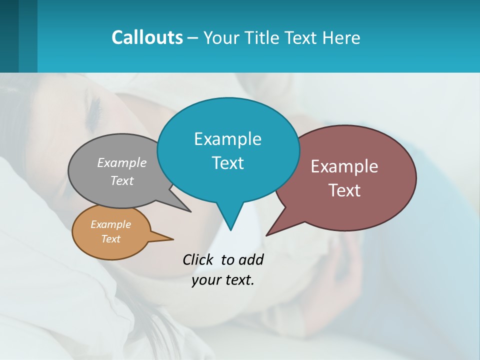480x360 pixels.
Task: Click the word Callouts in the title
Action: pos(147,37)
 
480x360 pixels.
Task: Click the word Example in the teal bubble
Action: pos(227,139)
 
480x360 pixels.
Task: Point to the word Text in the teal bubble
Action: pos(227,163)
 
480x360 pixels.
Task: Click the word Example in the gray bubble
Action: pos(122,163)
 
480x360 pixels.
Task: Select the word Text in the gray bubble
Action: pos(122,180)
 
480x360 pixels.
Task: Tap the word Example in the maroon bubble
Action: pos(344,166)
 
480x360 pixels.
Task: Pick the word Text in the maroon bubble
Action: pos(344,190)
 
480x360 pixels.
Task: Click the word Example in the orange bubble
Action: pos(111,224)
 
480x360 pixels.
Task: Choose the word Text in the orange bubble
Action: pos(111,239)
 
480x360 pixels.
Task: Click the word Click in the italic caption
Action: pos(199,260)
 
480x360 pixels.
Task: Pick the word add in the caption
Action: pos(251,260)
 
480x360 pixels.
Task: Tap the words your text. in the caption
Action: pos(223,280)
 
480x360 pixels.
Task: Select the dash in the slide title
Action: pos(193,38)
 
